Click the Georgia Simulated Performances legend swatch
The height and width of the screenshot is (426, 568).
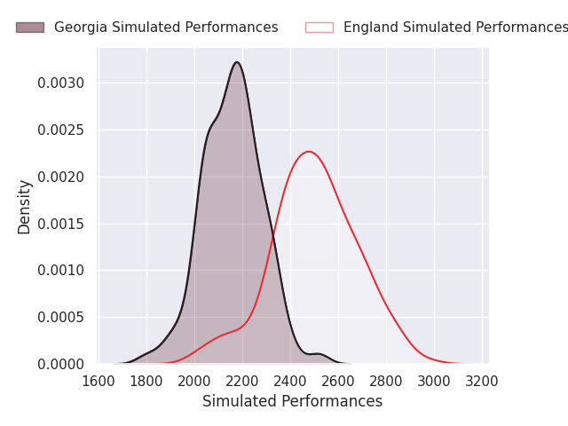(x=29, y=28)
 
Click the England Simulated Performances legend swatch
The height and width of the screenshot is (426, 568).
(x=319, y=28)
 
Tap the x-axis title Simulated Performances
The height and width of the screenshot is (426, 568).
(x=292, y=401)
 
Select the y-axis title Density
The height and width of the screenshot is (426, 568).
(x=25, y=207)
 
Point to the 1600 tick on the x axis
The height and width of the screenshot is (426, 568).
(x=99, y=381)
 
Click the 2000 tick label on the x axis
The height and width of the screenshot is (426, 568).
(x=194, y=381)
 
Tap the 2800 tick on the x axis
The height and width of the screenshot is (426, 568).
(x=386, y=381)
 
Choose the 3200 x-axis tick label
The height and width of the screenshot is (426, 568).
(x=482, y=381)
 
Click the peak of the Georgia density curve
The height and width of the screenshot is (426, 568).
(x=237, y=62)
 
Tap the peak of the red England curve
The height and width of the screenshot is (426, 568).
(x=308, y=152)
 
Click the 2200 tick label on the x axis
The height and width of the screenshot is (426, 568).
(x=242, y=381)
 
